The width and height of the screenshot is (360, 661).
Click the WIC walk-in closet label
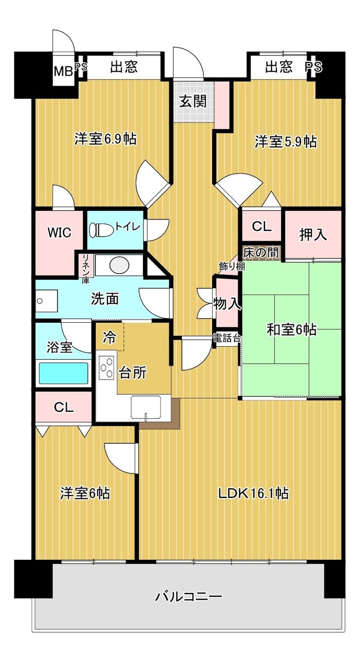pos(59,233)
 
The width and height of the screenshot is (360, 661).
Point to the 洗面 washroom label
pos(105,299)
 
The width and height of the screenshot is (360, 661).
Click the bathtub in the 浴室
pos(63,373)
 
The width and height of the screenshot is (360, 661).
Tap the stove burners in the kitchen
pos(106,367)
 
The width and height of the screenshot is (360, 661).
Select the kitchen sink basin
pos(145,406)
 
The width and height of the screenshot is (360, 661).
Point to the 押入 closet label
pos(313,235)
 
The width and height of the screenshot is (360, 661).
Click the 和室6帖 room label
pos(291,330)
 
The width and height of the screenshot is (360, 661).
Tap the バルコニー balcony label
pos(189,596)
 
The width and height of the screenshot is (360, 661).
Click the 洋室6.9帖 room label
pos(105,139)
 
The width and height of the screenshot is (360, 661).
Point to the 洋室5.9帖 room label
pos(286,142)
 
